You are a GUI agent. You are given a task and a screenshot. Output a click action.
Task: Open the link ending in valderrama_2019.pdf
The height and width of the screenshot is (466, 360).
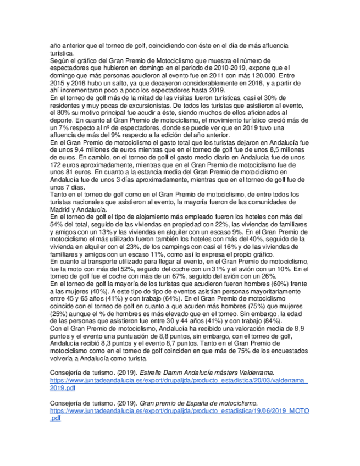click(x=179, y=380)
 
